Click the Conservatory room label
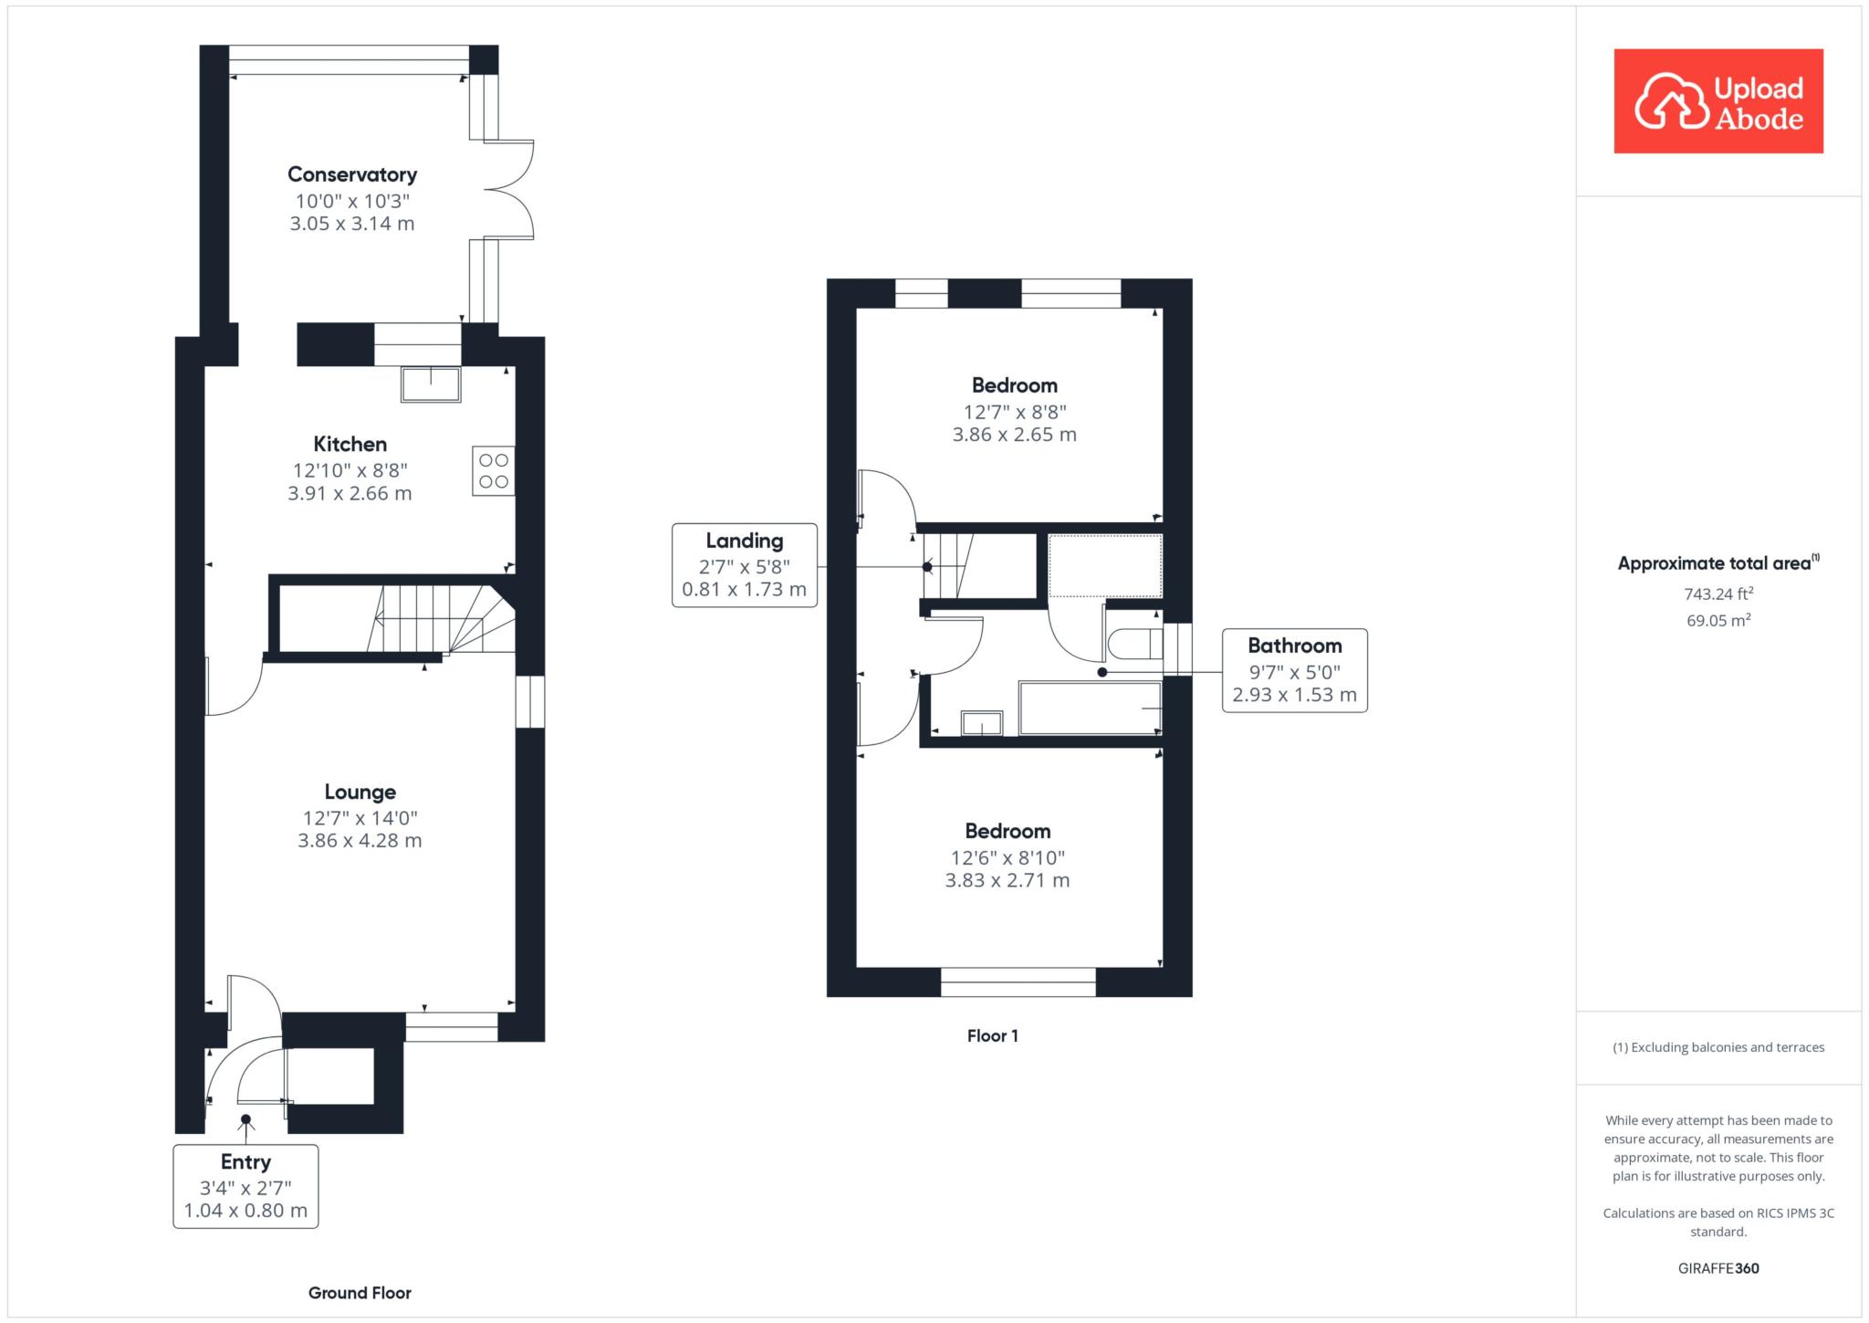(x=352, y=174)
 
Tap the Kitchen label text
(x=350, y=445)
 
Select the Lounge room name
(x=360, y=793)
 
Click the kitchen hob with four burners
(x=494, y=470)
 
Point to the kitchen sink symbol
(x=431, y=384)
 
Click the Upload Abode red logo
(x=1718, y=101)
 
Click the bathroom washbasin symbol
(x=982, y=723)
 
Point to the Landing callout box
(x=745, y=565)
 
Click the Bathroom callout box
(x=1295, y=670)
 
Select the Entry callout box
(x=245, y=1186)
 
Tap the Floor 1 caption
(x=993, y=1035)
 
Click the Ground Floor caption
(x=360, y=1293)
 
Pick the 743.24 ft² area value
(x=1719, y=593)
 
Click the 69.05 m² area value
(x=1719, y=620)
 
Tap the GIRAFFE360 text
(x=1718, y=1268)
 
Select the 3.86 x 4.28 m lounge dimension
(x=360, y=841)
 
